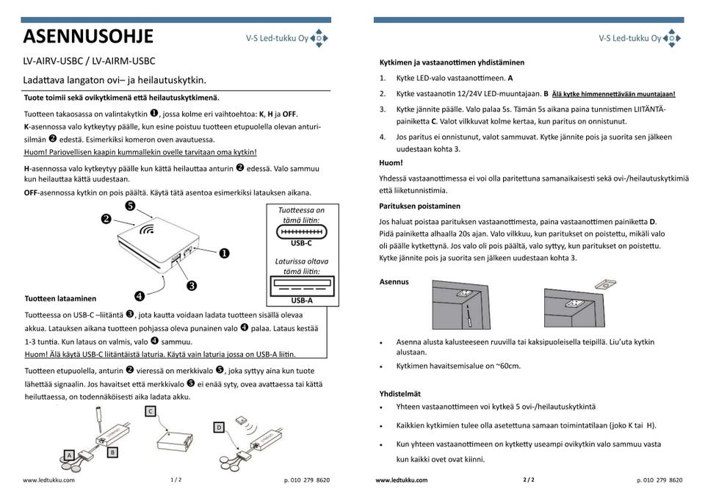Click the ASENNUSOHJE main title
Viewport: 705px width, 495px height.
tap(88, 36)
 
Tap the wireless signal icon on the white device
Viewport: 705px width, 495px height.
tap(148, 228)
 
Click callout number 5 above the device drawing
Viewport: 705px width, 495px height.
tap(129, 206)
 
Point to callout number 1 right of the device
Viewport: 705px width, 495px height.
tap(223, 253)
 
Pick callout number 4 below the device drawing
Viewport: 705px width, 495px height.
tap(139, 295)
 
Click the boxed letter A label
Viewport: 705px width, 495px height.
tap(70, 455)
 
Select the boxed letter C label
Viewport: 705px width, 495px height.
tap(150, 411)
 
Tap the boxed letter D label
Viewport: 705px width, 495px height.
tap(219, 427)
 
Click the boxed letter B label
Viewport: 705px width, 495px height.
tap(112, 452)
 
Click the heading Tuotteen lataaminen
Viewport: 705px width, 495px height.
tap(60, 298)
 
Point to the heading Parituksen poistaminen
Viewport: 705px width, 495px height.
tap(420, 206)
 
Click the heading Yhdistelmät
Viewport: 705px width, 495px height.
tap(400, 393)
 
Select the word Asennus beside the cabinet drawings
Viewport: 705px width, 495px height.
tap(394, 281)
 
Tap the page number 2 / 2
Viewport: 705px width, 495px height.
tap(529, 480)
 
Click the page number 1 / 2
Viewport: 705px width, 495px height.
tap(176, 480)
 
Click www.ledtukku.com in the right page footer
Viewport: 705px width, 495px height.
tap(401, 480)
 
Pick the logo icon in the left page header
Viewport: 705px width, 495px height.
tap(319, 38)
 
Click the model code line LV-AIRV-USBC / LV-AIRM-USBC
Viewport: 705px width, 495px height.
tap(89, 61)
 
